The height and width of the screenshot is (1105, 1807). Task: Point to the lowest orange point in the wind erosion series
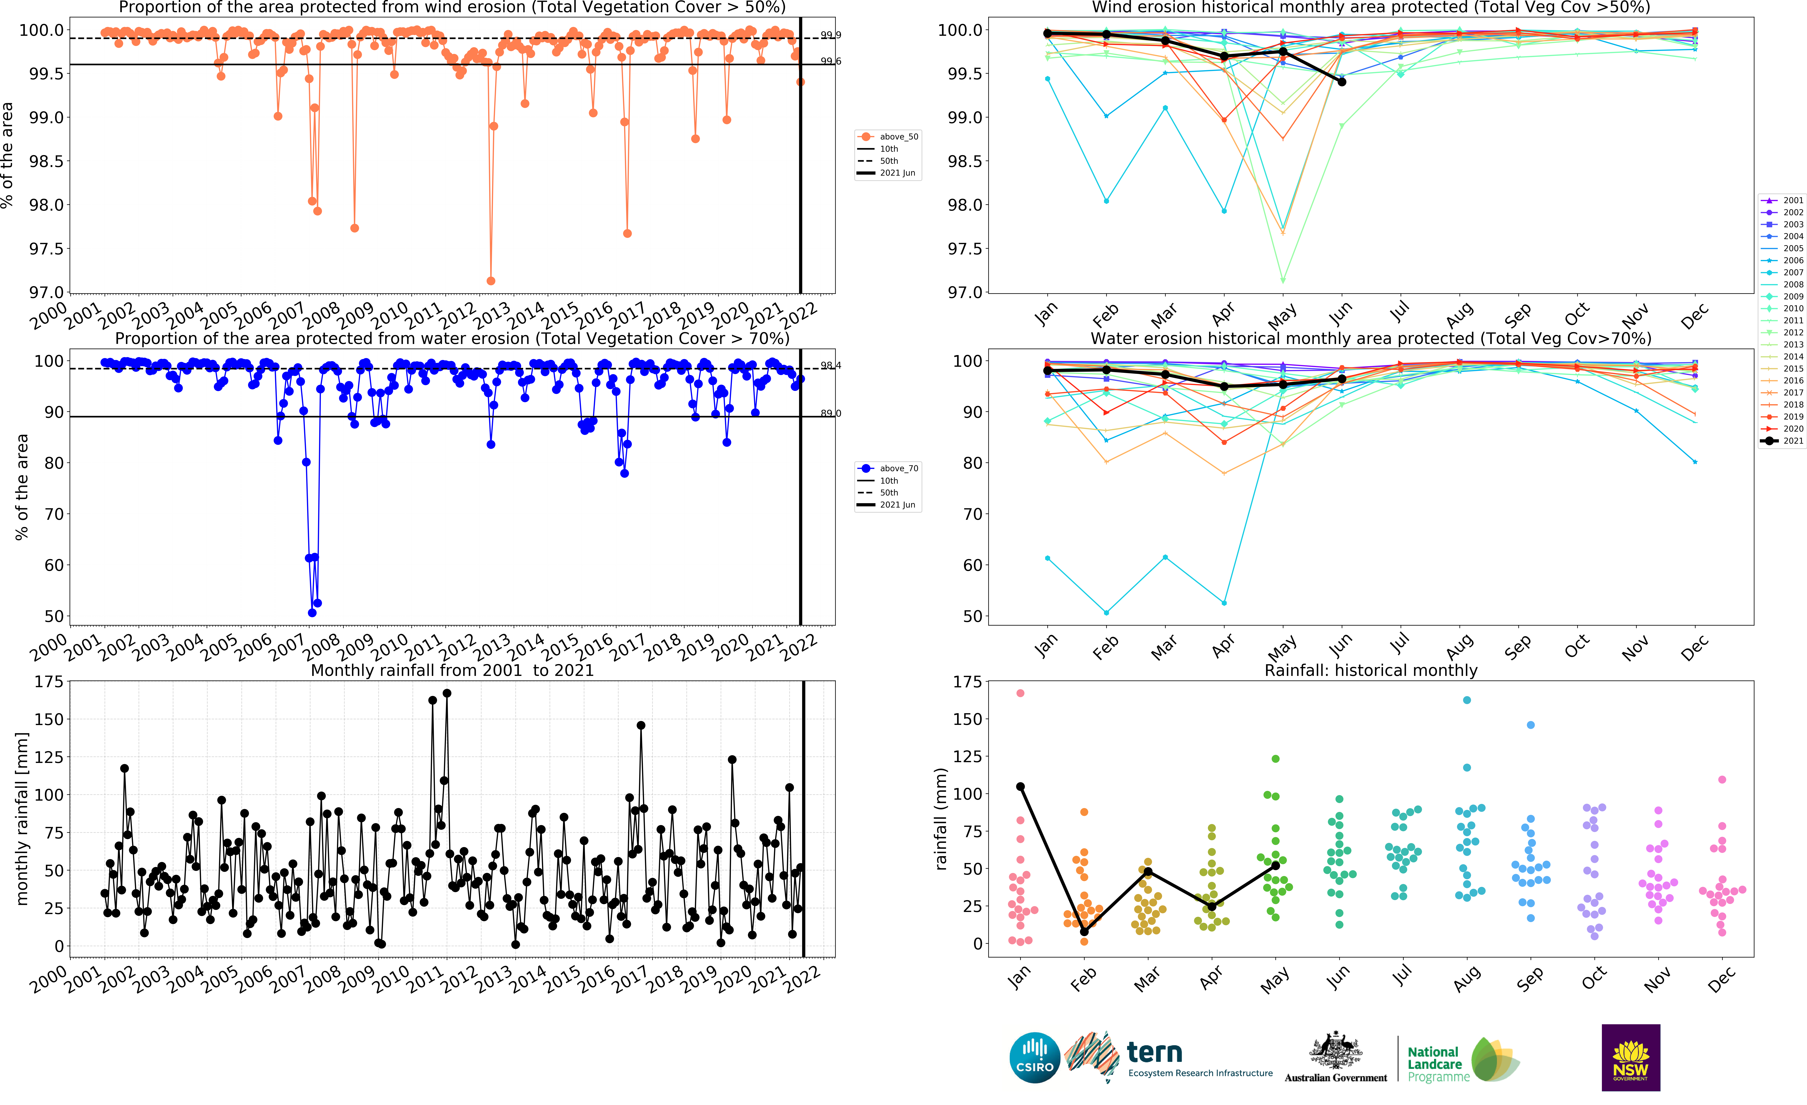click(x=491, y=281)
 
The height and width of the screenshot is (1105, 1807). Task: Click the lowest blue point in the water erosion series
click(x=312, y=613)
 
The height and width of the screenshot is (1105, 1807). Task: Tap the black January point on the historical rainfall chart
click(x=1020, y=786)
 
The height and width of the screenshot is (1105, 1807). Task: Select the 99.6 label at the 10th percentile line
click(x=831, y=61)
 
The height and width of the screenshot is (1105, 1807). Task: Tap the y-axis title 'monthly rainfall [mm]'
click(x=22, y=818)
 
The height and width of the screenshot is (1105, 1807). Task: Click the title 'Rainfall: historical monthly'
click(x=1371, y=671)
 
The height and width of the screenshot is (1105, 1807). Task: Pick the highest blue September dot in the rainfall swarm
click(x=1531, y=725)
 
